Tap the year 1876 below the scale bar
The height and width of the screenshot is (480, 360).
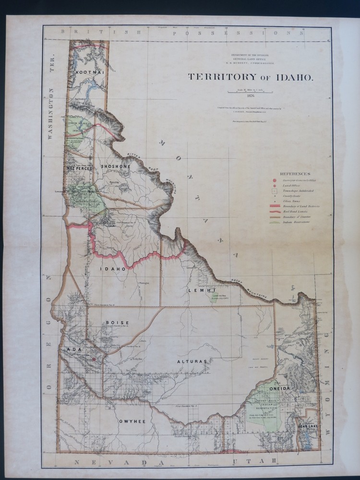tap(249, 96)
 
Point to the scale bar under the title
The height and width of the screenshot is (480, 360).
tap(249, 91)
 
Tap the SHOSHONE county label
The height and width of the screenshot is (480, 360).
tap(115, 166)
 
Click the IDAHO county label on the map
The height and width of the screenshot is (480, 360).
tap(113, 269)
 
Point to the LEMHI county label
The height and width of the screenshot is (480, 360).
tap(197, 291)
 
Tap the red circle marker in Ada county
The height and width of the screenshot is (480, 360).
tap(94, 359)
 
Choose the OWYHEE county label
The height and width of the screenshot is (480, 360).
tap(132, 421)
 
